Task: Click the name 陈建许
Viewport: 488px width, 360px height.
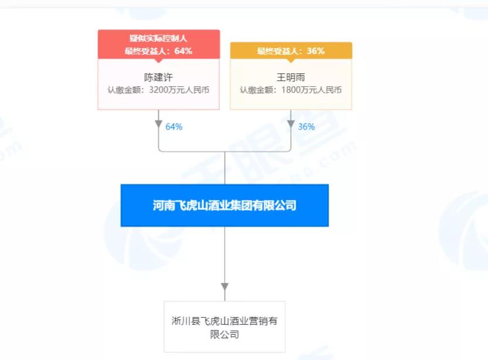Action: click(x=158, y=77)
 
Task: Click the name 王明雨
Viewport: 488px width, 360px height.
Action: click(x=291, y=77)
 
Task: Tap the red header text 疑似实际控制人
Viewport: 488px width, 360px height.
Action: click(x=158, y=38)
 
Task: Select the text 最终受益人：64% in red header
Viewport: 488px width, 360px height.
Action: click(x=158, y=51)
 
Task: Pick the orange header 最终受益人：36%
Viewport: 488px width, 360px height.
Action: click(x=291, y=51)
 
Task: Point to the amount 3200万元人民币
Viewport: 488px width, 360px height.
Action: click(x=179, y=90)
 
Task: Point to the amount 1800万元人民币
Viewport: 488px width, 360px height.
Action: click(x=311, y=90)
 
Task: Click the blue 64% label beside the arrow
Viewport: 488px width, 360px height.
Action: click(x=174, y=127)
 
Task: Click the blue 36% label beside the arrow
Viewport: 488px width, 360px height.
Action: click(x=306, y=127)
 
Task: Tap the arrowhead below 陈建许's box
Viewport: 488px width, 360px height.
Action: click(x=159, y=124)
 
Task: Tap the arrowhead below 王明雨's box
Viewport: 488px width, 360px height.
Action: click(x=291, y=124)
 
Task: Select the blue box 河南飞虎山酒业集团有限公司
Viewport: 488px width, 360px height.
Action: click(x=225, y=205)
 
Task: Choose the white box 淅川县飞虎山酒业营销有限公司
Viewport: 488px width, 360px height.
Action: click(x=225, y=327)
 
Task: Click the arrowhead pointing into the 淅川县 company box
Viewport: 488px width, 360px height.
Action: click(x=225, y=287)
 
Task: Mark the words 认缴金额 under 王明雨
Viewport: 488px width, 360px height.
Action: click(x=257, y=90)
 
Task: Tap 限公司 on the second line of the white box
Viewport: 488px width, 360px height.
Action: click(x=225, y=334)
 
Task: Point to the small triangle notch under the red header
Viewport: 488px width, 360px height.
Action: click(x=158, y=60)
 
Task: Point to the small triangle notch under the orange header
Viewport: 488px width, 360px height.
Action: click(x=291, y=60)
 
